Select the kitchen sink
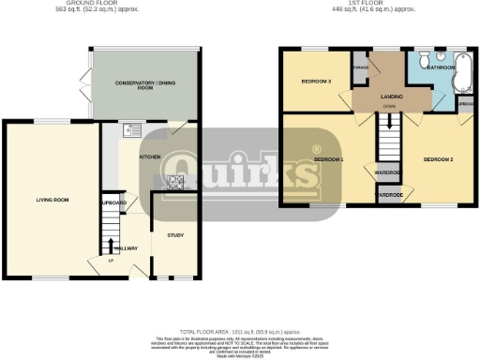coord(131,130)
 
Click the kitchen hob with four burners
coord(174,182)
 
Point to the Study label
coord(174,235)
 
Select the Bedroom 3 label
coord(316,82)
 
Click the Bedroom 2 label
coord(438,160)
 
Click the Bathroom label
coord(440,68)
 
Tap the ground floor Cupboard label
coord(113,202)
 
